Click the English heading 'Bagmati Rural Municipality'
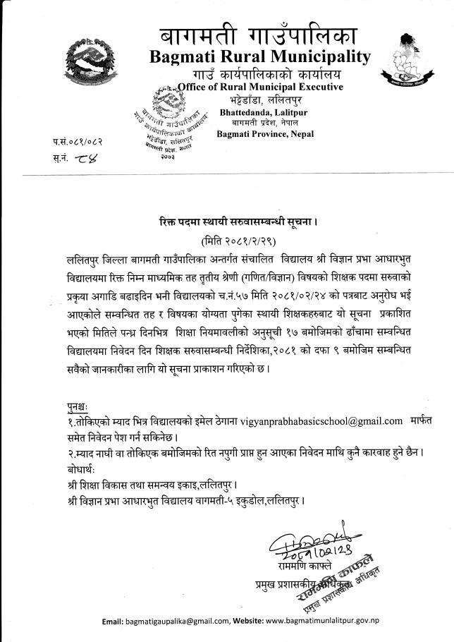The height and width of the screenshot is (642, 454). coord(259,56)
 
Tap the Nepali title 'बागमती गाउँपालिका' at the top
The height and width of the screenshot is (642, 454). coord(259,32)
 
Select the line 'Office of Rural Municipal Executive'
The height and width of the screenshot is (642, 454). coord(260,87)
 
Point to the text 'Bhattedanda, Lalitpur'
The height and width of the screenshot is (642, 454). coord(254,111)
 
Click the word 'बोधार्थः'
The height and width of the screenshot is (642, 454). coord(74,469)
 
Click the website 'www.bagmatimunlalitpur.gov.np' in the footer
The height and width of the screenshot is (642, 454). coord(333,620)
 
